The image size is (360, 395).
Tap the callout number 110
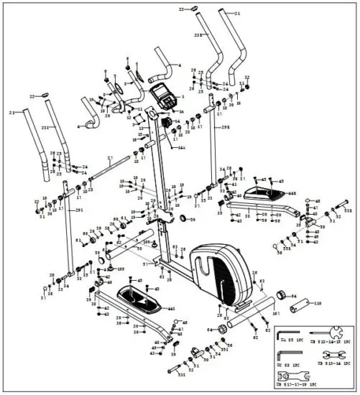[317, 305]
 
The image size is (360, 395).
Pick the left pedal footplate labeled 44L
[140, 296]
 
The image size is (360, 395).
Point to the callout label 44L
[172, 309]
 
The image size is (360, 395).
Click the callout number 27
[109, 157]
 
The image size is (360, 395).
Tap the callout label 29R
[225, 127]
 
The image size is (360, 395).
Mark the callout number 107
[274, 314]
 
